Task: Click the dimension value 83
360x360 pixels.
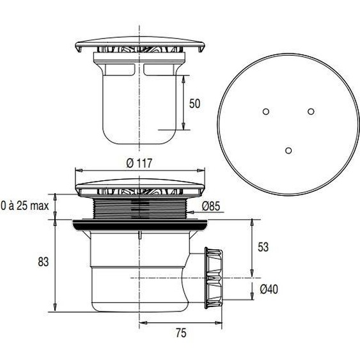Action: click(43, 262)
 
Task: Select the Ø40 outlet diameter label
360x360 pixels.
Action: click(268, 290)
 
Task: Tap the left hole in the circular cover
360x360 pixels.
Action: click(265, 111)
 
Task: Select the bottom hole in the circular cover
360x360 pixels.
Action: click(288, 150)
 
